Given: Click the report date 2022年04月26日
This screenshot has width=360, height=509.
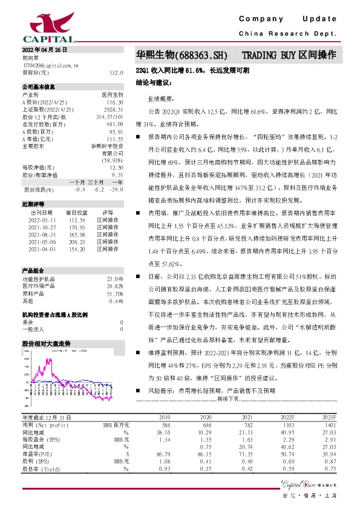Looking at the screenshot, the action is point(44,50).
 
